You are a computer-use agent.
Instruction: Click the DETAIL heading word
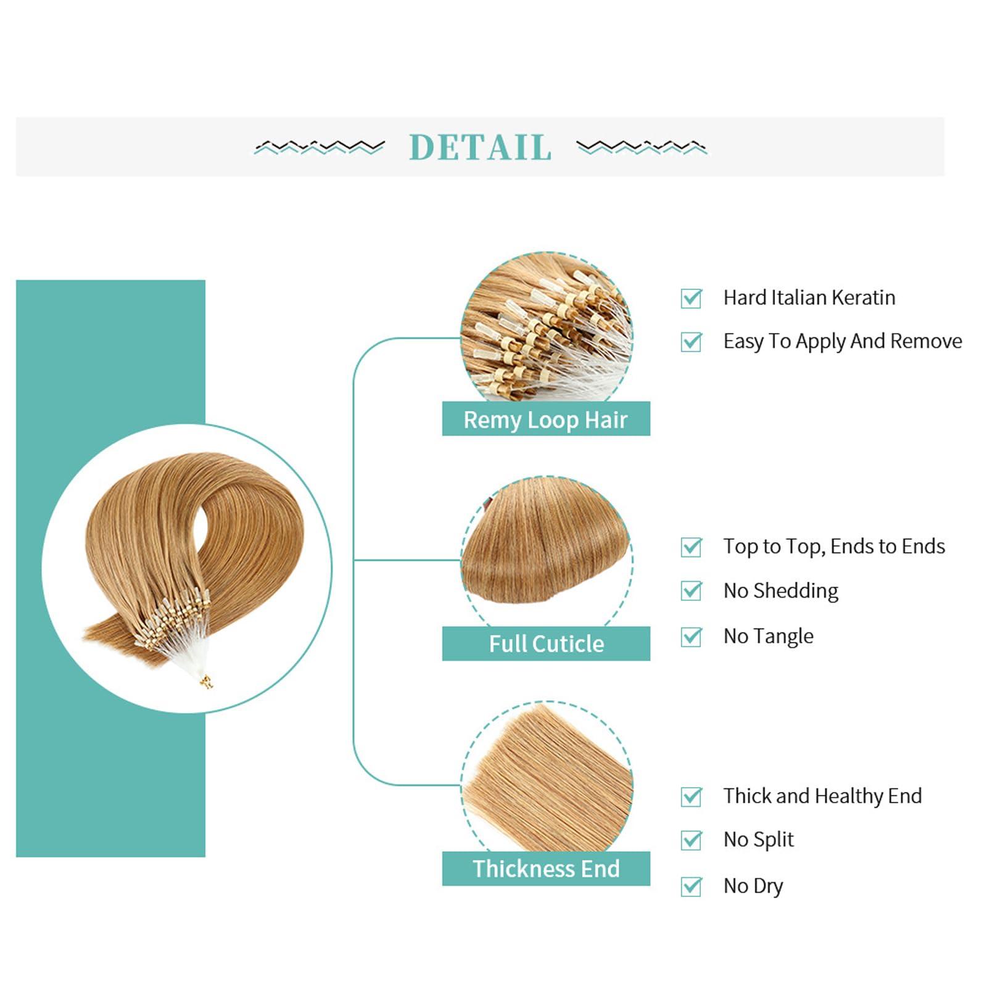tap(480, 147)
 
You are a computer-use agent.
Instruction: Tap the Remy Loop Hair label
tap(546, 419)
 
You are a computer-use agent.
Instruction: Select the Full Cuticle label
tap(546, 643)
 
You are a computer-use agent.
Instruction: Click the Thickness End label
tap(546, 869)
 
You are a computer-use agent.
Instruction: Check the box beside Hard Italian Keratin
tap(691, 298)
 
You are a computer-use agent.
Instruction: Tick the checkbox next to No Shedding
tap(691, 590)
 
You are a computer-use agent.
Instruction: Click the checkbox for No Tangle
tap(691, 636)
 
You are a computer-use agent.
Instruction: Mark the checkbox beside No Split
tap(691, 840)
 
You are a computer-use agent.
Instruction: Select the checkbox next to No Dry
tap(691, 886)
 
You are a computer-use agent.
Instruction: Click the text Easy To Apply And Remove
tap(843, 341)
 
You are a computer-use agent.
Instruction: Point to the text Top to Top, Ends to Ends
tap(834, 547)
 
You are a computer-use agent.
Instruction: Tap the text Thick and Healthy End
tap(822, 796)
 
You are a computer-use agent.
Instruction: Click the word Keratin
tap(863, 297)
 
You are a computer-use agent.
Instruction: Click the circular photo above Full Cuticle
tap(547, 551)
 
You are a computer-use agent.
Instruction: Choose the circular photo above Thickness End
tap(547, 776)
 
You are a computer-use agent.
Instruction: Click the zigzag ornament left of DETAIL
tap(320, 147)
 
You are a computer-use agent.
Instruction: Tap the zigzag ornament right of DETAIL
tap(642, 147)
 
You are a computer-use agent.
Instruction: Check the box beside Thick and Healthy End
tap(691, 796)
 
